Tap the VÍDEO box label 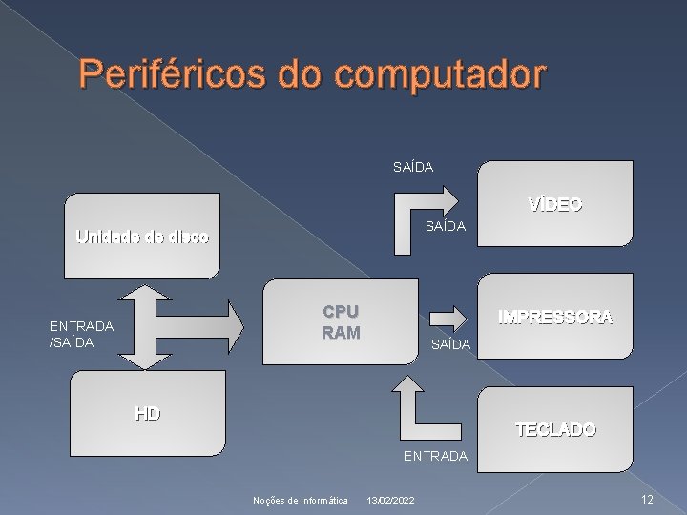pos(555,205)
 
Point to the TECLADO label pos(555,429)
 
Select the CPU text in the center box pos(341,311)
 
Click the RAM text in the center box pos(341,332)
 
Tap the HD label pos(148,413)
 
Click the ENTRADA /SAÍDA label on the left pos(81,334)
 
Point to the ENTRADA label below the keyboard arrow pos(435,456)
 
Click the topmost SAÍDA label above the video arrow pos(412,167)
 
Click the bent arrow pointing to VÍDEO pos(424,218)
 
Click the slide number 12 pos(647,500)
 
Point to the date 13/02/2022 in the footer pos(389,500)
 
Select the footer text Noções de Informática pos(300,500)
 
